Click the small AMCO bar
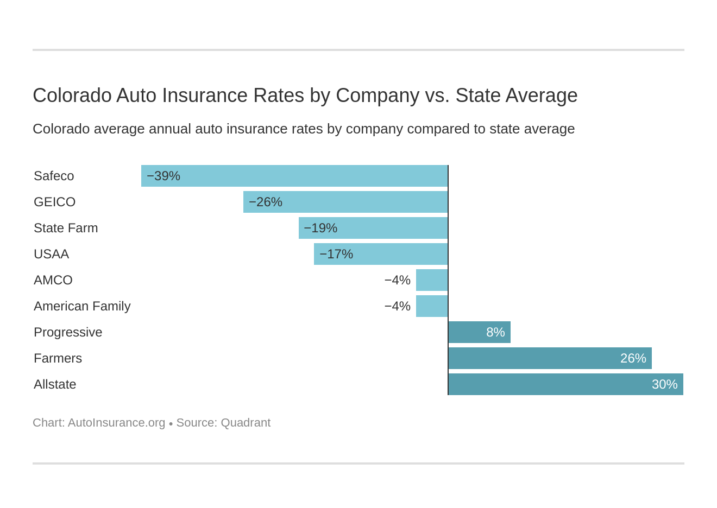(432, 280)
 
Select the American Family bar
(432, 306)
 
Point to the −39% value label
(163, 176)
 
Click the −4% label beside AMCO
(397, 280)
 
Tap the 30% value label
(664, 384)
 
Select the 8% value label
(495, 332)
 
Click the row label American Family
(82, 306)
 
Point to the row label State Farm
(66, 228)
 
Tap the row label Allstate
(55, 384)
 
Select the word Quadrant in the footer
(246, 423)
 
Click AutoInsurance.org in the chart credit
(116, 423)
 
